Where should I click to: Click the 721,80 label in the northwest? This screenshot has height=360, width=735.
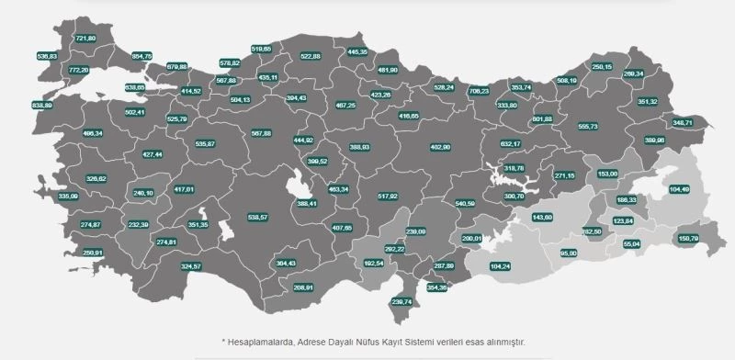click(85, 39)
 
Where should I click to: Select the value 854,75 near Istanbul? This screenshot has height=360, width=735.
click(142, 56)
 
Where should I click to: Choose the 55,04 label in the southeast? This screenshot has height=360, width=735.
click(631, 243)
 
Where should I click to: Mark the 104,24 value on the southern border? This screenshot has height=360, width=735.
click(501, 265)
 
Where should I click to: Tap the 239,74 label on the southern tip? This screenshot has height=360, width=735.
click(403, 301)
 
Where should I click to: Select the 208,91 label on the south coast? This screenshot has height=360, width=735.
click(303, 287)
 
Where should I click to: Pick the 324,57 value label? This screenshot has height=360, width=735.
click(191, 265)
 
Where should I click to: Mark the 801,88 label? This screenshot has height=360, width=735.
click(542, 118)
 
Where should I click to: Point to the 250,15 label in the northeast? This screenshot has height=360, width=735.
click(602, 66)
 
